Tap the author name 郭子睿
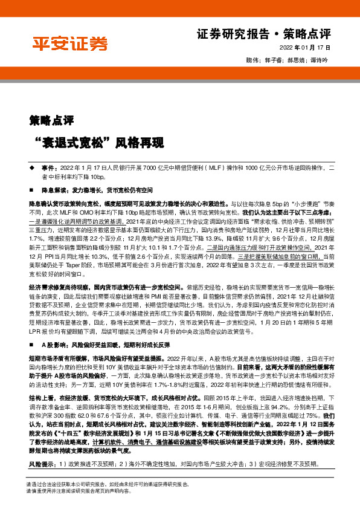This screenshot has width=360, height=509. [273, 60]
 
